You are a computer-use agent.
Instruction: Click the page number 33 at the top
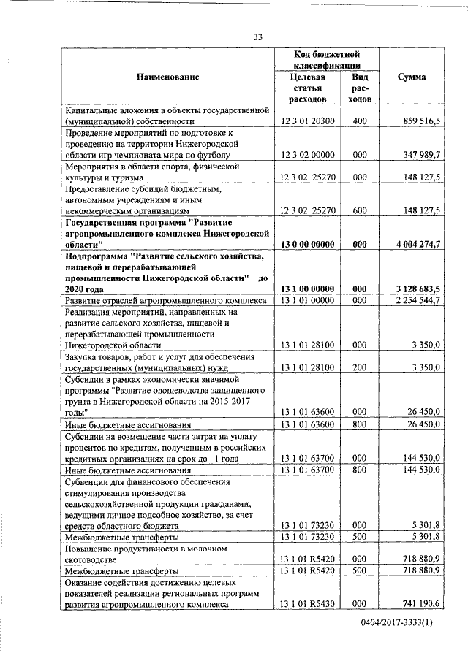[257, 37]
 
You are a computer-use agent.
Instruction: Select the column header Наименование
[167, 77]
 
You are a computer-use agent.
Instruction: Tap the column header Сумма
[412, 77]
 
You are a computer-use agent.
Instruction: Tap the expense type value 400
[359, 121]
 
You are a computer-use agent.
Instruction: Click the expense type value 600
[359, 210]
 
